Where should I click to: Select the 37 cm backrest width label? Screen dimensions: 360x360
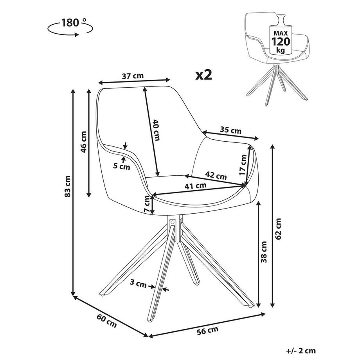pyautogui.click(x=132, y=76)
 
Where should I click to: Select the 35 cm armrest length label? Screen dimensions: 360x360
pyautogui.click(x=230, y=130)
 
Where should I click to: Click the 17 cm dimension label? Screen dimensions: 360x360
pyautogui.click(x=243, y=165)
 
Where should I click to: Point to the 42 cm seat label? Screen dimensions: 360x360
pyautogui.click(x=216, y=176)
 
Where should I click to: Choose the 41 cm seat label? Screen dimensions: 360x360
pyautogui.click(x=196, y=187)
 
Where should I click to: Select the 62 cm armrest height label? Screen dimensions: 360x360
pyautogui.click(x=278, y=229)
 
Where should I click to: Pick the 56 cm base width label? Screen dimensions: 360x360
pyautogui.click(x=207, y=331)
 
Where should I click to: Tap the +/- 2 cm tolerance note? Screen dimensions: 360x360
pyautogui.click(x=300, y=351)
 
